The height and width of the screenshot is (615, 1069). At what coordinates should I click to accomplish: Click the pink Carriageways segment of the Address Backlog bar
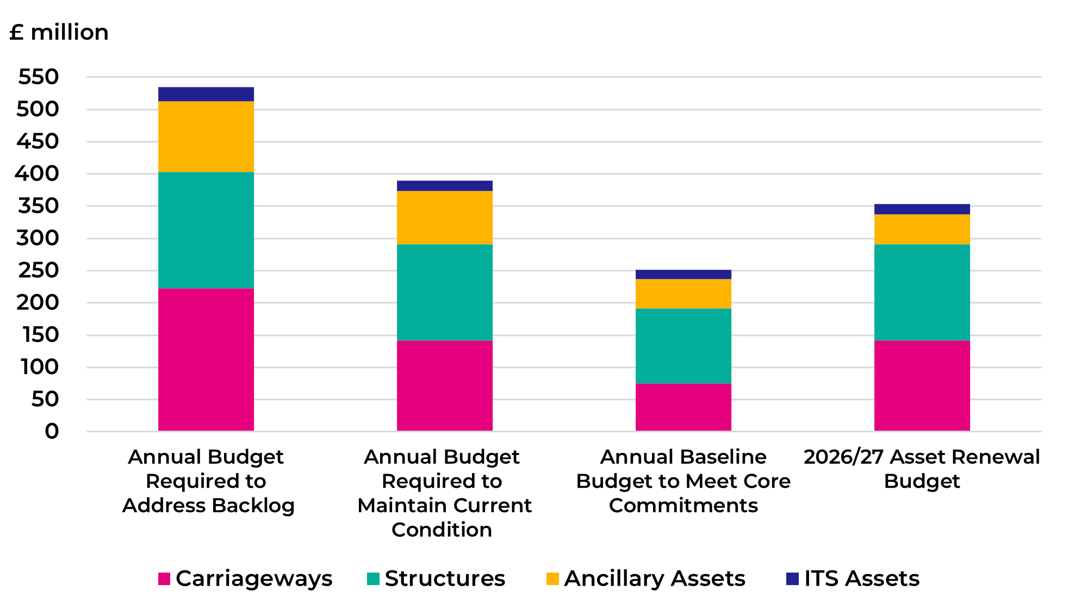coord(206,359)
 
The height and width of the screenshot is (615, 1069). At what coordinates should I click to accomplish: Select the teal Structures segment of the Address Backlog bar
coord(206,230)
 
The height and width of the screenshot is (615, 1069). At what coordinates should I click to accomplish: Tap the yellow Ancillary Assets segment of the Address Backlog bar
coord(206,136)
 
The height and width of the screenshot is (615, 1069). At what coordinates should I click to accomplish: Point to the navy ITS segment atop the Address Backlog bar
coord(206,94)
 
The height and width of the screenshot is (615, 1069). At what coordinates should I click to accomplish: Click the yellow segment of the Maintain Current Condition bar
coord(444,218)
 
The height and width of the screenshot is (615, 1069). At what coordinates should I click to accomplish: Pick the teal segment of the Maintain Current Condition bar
coord(444,292)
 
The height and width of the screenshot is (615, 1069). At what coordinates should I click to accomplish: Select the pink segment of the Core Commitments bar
coord(683,407)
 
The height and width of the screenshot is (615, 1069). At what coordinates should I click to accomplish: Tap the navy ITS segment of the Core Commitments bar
coord(683,274)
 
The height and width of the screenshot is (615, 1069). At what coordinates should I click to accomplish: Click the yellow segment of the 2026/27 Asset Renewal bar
coord(922,229)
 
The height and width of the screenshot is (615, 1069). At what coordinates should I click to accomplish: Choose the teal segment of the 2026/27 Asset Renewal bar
coord(922,292)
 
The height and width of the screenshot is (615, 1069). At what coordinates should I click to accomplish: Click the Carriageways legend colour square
coord(164,579)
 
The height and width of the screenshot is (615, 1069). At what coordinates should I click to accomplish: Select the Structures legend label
coord(445,579)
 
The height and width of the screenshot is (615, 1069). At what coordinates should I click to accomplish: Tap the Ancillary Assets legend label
coord(655,579)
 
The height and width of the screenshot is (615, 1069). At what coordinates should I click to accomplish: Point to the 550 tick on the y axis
coord(38,77)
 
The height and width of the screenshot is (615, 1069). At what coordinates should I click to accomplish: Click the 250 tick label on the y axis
coord(38,270)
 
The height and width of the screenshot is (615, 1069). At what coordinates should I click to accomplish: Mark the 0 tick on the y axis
coord(52,431)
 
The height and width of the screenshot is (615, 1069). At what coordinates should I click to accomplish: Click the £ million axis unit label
coord(59,33)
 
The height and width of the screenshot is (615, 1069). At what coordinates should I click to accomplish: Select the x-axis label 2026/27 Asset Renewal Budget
coord(922,469)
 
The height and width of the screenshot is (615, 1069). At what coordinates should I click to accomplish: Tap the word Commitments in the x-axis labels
coord(683,506)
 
